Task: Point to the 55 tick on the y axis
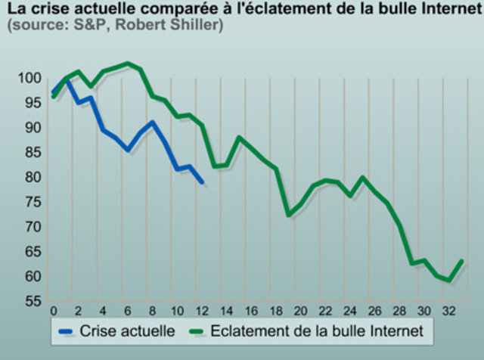pos(31,302)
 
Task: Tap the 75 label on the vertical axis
pos(31,203)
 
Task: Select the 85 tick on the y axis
pos(31,153)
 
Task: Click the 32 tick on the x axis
pos(448,311)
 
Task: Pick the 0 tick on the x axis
pos(53,311)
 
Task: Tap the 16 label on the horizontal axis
pos(250,311)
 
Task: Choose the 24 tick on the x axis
pos(349,311)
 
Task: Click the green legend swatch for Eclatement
pos(197,331)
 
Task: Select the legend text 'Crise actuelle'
pos(127,331)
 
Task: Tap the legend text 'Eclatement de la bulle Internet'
pos(321,331)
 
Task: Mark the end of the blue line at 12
pos(202,182)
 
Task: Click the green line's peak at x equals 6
pos(128,64)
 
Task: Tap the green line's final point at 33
pos(461,262)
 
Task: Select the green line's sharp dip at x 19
pos(288,215)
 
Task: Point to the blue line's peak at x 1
pos(66,78)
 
